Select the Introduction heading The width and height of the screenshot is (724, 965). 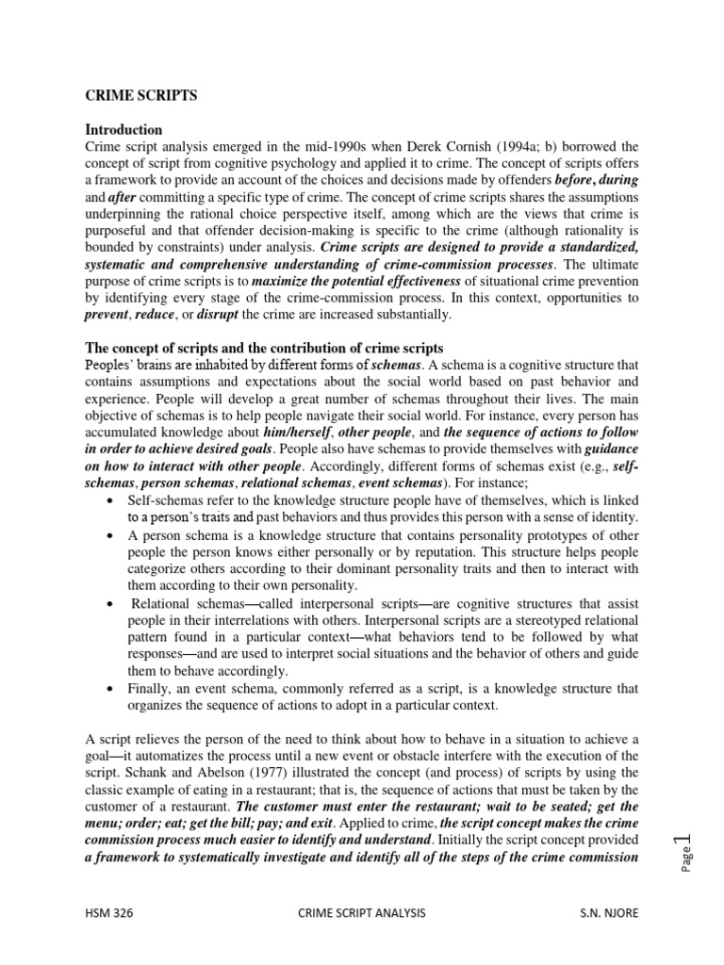pyautogui.click(x=123, y=129)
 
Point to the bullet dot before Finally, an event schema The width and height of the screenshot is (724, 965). pyautogui.click(x=113, y=689)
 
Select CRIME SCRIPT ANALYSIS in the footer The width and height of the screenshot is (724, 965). pyautogui.click(x=361, y=913)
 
